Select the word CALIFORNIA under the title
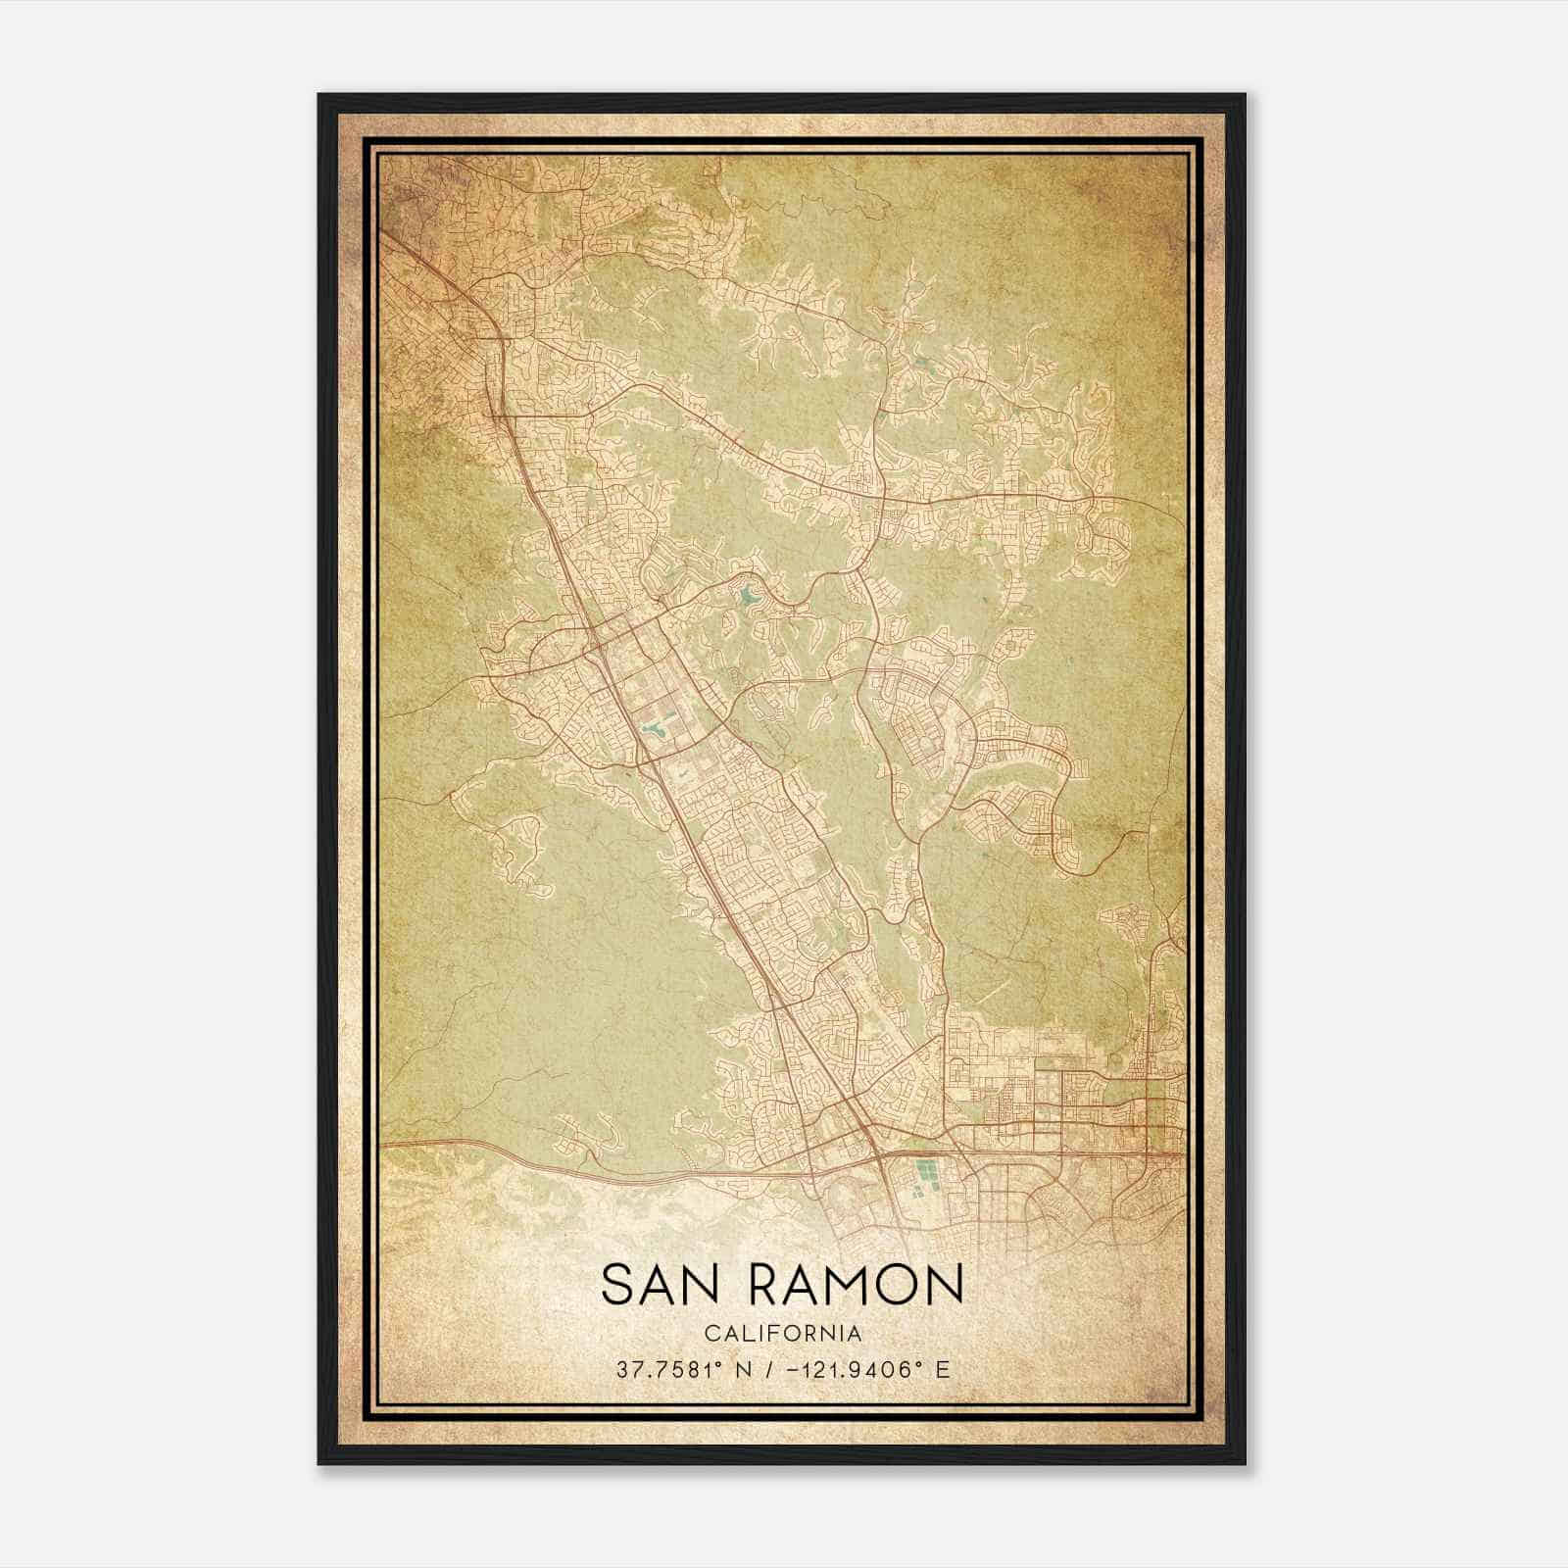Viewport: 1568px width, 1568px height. point(783,1334)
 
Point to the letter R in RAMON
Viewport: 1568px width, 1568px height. point(768,1285)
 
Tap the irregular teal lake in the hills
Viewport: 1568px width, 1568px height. point(750,595)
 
